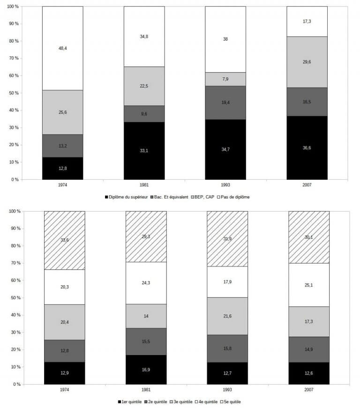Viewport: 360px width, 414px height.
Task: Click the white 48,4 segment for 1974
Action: point(62,48)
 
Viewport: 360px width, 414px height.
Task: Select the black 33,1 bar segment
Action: point(144,151)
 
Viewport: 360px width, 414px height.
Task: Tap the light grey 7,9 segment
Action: point(225,79)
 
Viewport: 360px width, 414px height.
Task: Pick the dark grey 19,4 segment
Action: point(225,103)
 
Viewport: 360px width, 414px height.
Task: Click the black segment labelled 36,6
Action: point(307,148)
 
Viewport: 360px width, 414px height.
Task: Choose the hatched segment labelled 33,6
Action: point(64,240)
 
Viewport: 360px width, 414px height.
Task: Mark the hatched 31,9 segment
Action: point(227,239)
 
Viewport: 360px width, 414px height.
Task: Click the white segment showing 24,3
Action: point(146,283)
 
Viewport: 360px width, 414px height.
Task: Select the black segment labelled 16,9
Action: point(146,370)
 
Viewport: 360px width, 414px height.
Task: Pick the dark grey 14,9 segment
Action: point(309,349)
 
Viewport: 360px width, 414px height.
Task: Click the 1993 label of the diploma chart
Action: point(225,185)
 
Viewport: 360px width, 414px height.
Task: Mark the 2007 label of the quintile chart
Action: point(309,390)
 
